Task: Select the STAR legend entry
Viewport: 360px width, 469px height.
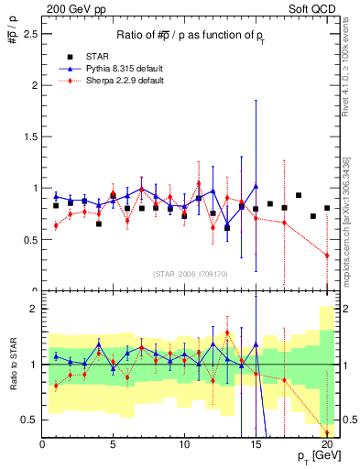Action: click(88, 57)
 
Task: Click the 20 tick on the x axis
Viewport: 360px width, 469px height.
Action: click(327, 444)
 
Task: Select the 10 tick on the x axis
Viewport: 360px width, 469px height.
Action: click(184, 444)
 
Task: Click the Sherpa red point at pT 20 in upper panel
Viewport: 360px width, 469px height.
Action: click(327, 255)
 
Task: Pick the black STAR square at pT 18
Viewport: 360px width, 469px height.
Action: click(299, 195)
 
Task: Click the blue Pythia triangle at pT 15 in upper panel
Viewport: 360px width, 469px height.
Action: click(256, 186)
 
